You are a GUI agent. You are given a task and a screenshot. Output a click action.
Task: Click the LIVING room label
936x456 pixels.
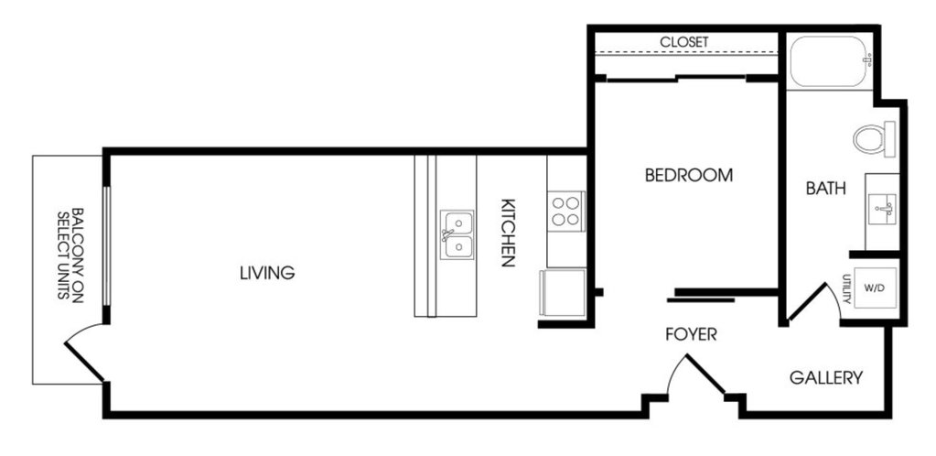coord(267,273)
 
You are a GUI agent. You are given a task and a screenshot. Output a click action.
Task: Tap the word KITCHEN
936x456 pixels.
coord(508,233)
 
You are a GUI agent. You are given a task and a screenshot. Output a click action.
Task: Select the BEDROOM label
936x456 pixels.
coord(689,176)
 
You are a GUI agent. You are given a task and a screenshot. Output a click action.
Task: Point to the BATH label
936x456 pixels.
coord(825,189)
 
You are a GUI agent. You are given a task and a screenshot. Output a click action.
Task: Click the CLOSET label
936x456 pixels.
coord(684,42)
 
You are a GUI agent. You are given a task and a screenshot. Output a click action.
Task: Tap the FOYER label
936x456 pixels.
coord(692,335)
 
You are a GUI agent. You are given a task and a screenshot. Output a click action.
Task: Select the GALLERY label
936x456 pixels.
coord(826,377)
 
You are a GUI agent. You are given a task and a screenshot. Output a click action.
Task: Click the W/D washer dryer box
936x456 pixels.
coord(875,288)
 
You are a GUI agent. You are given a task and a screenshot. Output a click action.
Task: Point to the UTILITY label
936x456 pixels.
coord(846,288)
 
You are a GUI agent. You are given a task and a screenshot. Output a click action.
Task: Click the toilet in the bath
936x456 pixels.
coord(875,139)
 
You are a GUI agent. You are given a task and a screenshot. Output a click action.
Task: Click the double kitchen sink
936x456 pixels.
coord(457,234)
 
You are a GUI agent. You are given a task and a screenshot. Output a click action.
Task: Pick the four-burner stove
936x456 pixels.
coord(565,211)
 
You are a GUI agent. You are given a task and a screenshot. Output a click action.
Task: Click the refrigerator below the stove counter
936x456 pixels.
coord(563,293)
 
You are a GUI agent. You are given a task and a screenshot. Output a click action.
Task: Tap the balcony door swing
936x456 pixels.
coord(85,353)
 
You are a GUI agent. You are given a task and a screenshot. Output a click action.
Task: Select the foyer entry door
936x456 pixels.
coord(695,376)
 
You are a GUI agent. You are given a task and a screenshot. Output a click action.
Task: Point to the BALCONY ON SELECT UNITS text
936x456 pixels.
coord(70,255)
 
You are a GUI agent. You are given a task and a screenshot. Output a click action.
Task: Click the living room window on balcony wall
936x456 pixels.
coord(106,246)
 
